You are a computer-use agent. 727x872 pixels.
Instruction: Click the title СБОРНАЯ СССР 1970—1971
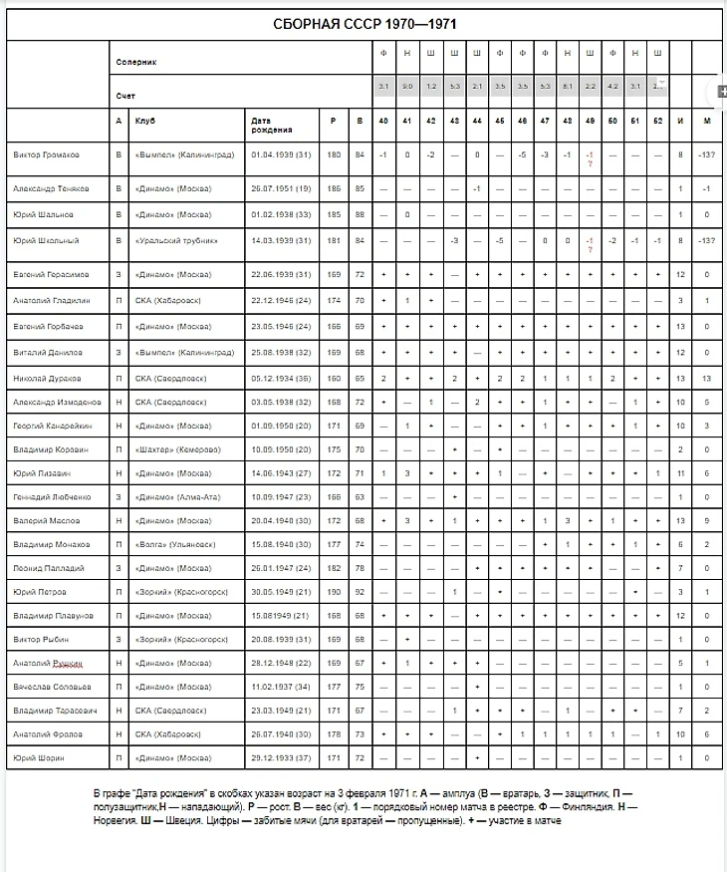[x=365, y=24]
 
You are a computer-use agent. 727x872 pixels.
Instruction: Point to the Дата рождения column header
[x=272, y=126]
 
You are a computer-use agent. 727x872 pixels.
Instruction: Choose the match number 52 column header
[x=657, y=121]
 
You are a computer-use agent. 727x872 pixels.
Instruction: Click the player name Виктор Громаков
[x=47, y=154]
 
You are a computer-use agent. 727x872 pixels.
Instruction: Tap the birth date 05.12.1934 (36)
[x=282, y=379]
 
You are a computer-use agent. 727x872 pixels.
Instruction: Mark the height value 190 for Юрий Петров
[x=333, y=592]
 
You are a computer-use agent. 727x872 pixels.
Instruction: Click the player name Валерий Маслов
[x=45, y=520]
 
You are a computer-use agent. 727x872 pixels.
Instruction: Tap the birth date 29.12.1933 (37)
[x=282, y=757]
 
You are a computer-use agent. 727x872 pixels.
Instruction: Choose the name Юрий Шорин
[x=38, y=757]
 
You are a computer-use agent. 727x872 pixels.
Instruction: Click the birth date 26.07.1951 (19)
[x=282, y=188]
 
